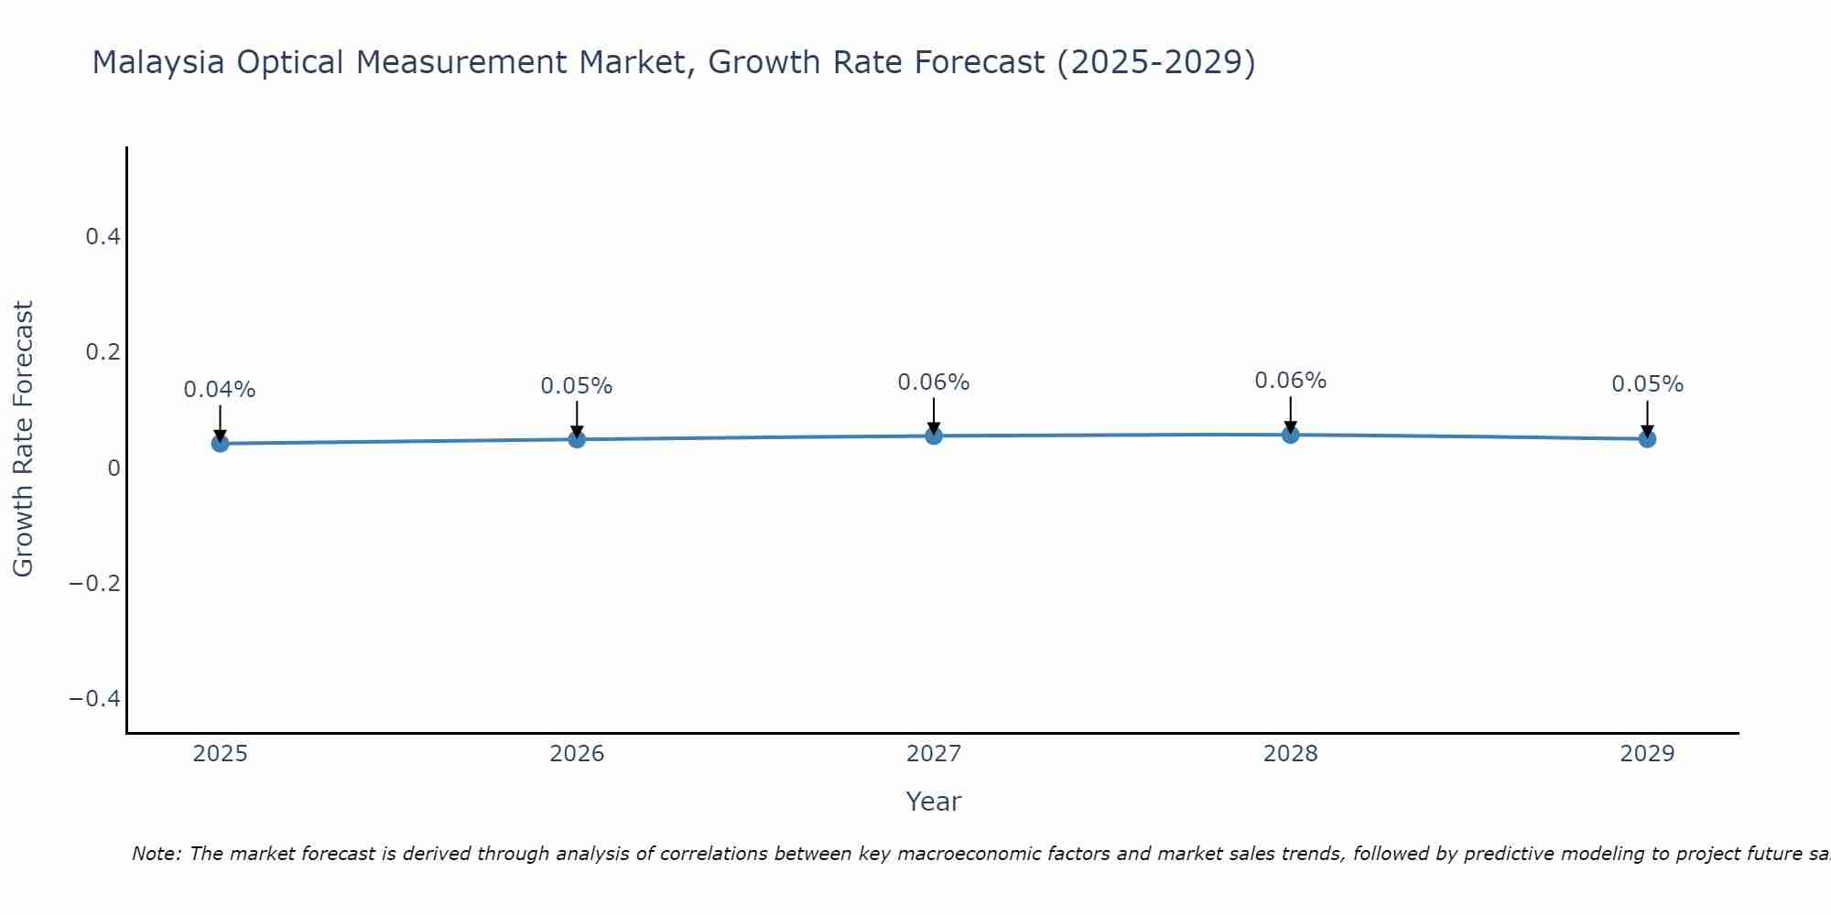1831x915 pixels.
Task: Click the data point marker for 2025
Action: click(x=220, y=444)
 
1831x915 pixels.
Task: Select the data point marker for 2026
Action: click(x=577, y=439)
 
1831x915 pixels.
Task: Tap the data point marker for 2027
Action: click(x=934, y=436)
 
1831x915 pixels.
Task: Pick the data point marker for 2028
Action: click(x=1290, y=435)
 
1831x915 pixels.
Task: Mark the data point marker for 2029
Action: click(x=1647, y=439)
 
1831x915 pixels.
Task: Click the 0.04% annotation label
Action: click(x=220, y=390)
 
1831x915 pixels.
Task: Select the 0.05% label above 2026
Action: click(x=577, y=386)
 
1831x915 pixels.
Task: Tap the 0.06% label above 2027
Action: click(x=934, y=382)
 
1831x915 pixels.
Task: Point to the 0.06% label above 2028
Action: click(x=1290, y=381)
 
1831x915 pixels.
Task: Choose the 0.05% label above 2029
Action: click(x=1647, y=384)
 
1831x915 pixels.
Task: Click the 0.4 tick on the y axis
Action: click(x=103, y=237)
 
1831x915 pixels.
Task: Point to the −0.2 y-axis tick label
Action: click(x=95, y=583)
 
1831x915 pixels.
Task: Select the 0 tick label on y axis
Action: click(x=114, y=468)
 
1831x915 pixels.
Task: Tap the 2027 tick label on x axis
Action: click(x=934, y=754)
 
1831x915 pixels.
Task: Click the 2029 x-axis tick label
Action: click(x=1647, y=754)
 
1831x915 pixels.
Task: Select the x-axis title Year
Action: click(x=934, y=802)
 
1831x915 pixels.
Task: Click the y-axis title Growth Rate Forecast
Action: click(x=23, y=439)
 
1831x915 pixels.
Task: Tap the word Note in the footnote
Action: click(x=156, y=854)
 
